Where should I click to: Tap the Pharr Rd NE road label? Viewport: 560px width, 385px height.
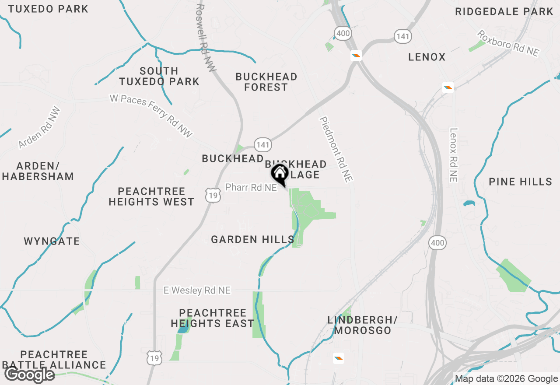pos(251,187)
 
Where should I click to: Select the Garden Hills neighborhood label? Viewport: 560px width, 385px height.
pos(252,239)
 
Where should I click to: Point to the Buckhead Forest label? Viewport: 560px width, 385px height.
pos(266,82)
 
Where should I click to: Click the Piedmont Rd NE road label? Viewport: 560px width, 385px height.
pos(336,149)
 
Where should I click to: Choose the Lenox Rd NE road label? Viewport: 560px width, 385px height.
pos(453,154)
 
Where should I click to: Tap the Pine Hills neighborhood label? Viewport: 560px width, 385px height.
pos(520,182)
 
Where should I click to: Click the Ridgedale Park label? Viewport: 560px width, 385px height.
pos(504,11)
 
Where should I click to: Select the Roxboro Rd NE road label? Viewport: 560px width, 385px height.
pos(507,43)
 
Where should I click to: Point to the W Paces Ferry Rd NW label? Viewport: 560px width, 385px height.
pos(151,116)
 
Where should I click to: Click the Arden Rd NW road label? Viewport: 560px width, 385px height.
pos(39,127)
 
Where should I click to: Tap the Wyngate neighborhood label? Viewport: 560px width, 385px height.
pos(52,241)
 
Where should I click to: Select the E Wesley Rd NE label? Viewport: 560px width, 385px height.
pos(197,290)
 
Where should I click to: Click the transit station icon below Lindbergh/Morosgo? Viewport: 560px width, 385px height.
pos(338,359)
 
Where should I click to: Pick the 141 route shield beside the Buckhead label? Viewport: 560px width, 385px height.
pos(263,145)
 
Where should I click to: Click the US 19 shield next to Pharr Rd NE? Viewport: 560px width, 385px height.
pos(213,196)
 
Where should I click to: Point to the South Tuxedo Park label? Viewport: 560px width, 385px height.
pos(159,76)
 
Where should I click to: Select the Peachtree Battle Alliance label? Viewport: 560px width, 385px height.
pos(54,359)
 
